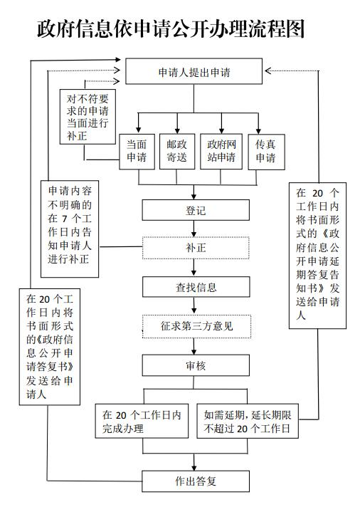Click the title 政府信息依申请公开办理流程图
[x=171, y=28]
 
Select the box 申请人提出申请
[x=194, y=71]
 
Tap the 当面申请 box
[x=137, y=152]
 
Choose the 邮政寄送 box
[x=177, y=152]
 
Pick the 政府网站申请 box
[x=221, y=152]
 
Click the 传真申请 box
[x=266, y=152]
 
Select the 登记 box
[x=196, y=210]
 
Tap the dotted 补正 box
[x=196, y=248]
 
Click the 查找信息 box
[x=196, y=287]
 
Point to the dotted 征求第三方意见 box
[x=197, y=326]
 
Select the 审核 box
[x=196, y=365]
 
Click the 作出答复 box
[x=196, y=481]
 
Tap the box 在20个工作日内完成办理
[x=142, y=422]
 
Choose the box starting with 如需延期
[x=248, y=422]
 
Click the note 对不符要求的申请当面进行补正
[x=88, y=117]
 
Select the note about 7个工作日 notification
[x=70, y=229]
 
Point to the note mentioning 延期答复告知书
[x=317, y=256]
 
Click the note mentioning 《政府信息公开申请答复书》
[x=50, y=347]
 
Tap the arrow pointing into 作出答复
[x=194, y=462]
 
